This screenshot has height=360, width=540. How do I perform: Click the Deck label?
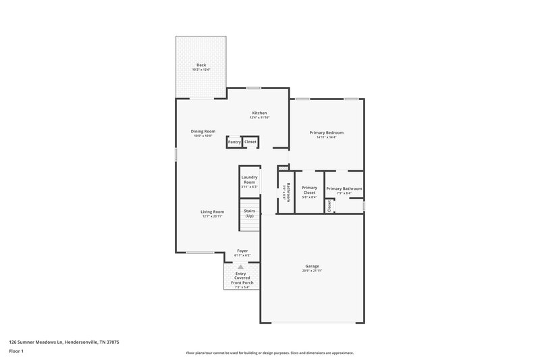tap(201, 66)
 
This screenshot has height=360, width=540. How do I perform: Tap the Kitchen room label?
tap(260, 113)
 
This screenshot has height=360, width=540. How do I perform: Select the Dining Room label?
tap(202, 131)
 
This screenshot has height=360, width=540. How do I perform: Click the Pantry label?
tap(234, 142)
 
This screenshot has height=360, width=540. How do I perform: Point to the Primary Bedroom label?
tap(327, 133)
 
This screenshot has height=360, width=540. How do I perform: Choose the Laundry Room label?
tap(250, 180)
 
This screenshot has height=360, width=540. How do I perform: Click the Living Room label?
tap(212, 211)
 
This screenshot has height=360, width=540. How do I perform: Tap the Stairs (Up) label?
tap(249, 213)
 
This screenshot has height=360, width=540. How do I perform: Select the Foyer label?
tap(242, 251)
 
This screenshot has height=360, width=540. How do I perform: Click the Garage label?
tap(312, 266)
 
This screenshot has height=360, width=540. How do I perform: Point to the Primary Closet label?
tap(309, 190)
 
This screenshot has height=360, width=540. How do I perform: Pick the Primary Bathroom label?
tap(344, 188)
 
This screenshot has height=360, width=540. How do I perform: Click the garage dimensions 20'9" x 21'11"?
tap(312, 271)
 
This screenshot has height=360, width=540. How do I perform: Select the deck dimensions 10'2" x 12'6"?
tap(201, 70)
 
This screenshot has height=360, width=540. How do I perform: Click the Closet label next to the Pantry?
tap(250, 142)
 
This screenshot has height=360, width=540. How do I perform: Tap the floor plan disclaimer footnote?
tap(270, 353)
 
